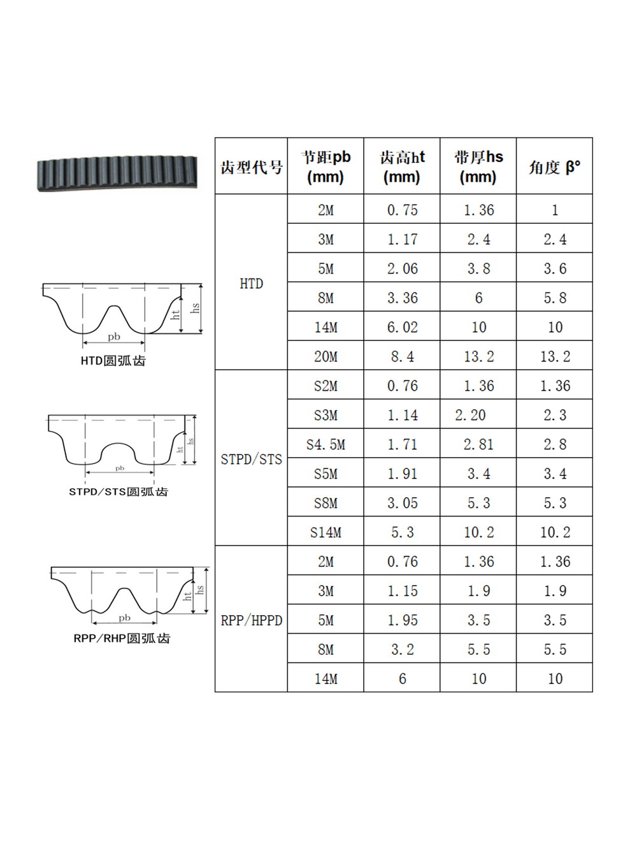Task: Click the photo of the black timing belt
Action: point(117,173)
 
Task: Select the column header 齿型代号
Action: point(251,168)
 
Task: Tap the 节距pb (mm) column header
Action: point(326,167)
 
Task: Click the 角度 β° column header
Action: point(554,168)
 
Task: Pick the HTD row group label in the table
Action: point(251,284)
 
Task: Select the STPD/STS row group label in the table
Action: point(251,460)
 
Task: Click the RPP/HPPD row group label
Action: point(251,621)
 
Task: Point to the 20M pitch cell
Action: point(326,356)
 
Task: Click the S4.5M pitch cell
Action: point(326,444)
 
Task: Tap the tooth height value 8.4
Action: point(402,356)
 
